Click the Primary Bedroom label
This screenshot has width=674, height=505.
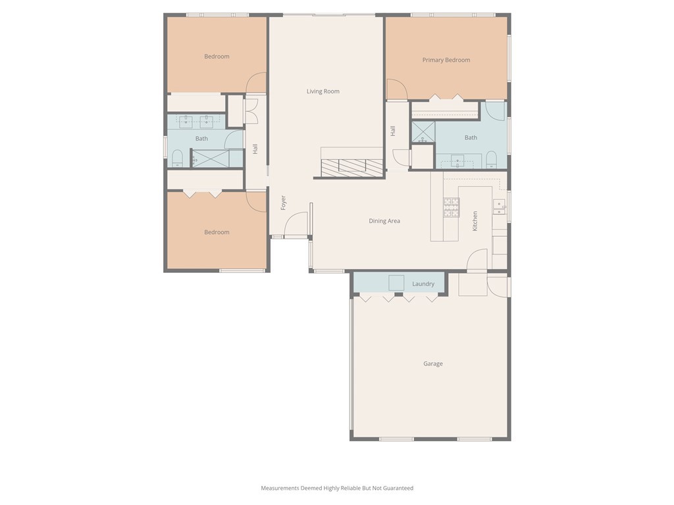(446, 60)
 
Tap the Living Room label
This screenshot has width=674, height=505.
(323, 91)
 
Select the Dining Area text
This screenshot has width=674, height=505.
(384, 221)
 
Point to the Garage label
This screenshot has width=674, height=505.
(433, 364)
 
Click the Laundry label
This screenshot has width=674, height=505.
(423, 284)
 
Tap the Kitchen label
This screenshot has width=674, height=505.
(475, 221)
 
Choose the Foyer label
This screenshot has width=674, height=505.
(284, 203)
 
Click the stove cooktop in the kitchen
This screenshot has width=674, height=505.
(451, 207)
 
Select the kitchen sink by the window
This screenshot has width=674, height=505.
(500, 207)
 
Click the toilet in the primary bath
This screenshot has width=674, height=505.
(491, 159)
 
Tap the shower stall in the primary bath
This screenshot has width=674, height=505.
(423, 132)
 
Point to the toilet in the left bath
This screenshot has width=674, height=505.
(176, 158)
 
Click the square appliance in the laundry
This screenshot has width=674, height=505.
(396, 283)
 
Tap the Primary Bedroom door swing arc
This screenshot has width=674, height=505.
(396, 89)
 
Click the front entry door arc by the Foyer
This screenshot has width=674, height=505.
(297, 224)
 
